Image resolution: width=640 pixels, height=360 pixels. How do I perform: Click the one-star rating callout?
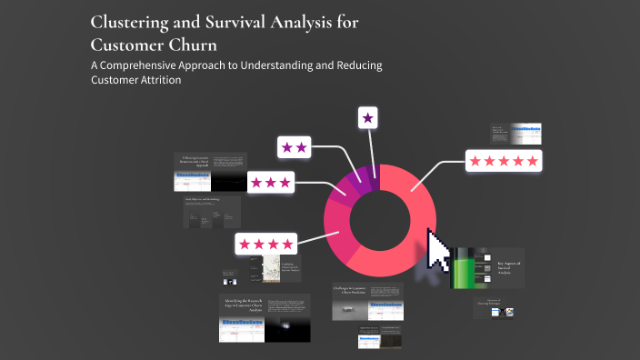point(367,117)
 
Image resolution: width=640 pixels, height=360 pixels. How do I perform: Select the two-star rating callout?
point(295,146)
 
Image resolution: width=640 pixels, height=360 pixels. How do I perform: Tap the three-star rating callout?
point(270,182)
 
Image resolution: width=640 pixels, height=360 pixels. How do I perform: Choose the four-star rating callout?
point(266,244)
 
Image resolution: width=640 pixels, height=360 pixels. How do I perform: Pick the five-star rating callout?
point(503,161)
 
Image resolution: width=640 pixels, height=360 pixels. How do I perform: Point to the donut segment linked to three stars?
point(345,187)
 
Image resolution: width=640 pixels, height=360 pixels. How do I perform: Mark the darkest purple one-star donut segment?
point(374,172)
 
